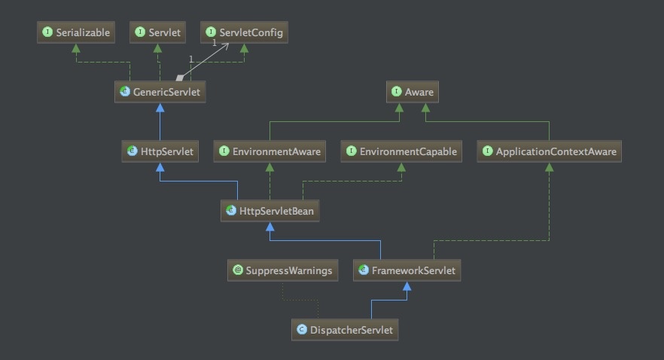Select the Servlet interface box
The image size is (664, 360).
[x=159, y=32]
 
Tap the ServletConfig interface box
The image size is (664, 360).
[x=244, y=32]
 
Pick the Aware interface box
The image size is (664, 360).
[x=412, y=93]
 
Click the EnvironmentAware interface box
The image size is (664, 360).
[x=270, y=151]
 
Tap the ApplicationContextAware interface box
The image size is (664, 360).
[x=549, y=151]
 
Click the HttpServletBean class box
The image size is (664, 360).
[x=270, y=212]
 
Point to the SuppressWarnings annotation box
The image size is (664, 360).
[x=282, y=270]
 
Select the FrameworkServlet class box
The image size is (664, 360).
[x=407, y=270]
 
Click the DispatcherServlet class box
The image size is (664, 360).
[x=345, y=330]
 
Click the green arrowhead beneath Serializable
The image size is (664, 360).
[x=75, y=47]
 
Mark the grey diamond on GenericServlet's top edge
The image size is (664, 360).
[x=180, y=78]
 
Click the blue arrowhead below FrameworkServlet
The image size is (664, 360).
[x=407, y=286]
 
